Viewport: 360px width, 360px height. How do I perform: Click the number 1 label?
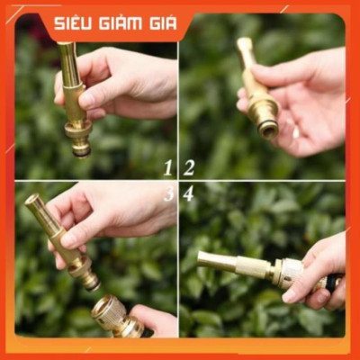[167, 166]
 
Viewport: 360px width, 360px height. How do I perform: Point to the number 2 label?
[189, 166]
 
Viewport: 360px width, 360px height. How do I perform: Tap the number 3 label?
[168, 193]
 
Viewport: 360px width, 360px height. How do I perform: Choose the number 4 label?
[188, 193]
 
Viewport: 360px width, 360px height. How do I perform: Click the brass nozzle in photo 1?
[75, 99]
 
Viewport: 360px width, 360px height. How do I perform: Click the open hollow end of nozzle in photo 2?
[267, 128]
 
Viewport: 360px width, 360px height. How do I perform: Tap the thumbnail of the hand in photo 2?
[294, 131]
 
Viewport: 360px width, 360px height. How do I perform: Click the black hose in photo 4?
[332, 283]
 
